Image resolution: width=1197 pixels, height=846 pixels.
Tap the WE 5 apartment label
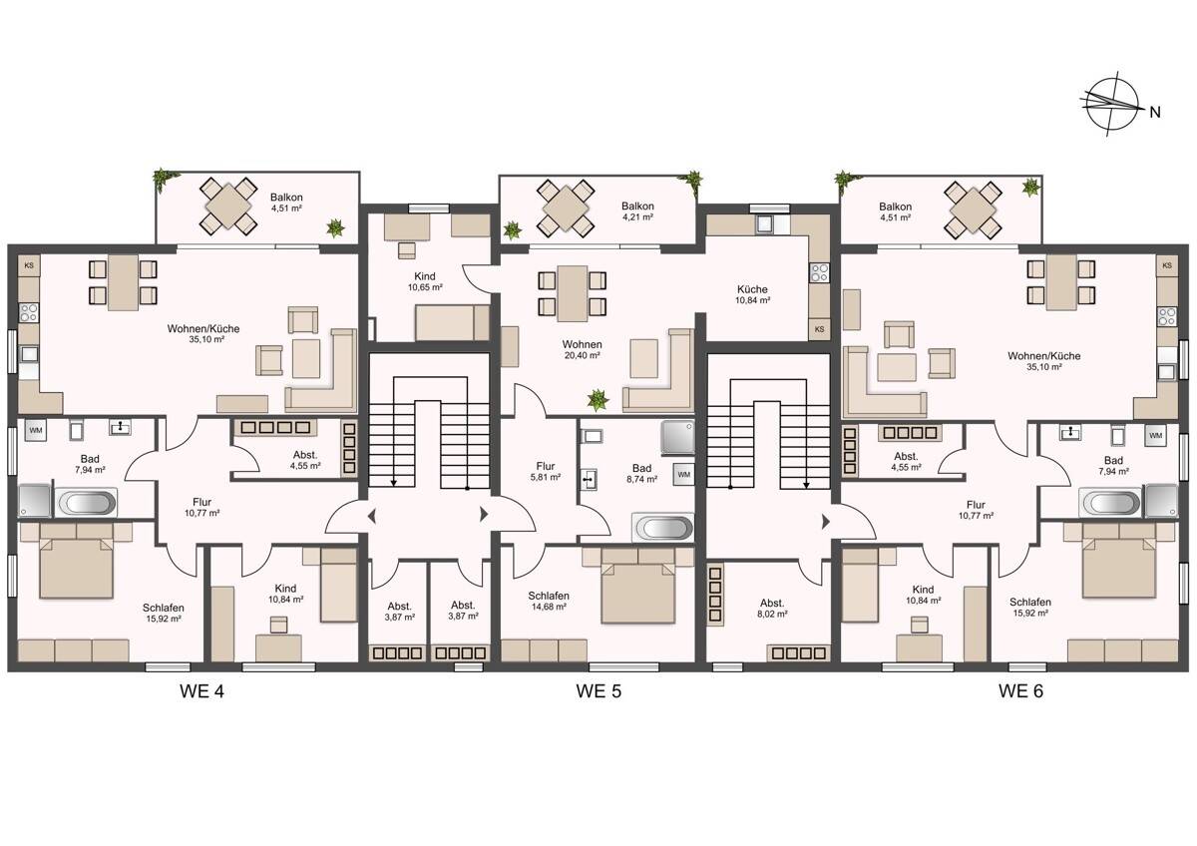click(x=598, y=691)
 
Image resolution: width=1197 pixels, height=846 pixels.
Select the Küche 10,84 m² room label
click(x=752, y=294)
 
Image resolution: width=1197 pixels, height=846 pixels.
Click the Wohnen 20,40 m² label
click(x=582, y=349)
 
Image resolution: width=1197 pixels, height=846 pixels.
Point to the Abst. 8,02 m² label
click(x=772, y=609)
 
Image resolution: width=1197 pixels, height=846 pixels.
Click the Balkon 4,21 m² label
click(x=637, y=211)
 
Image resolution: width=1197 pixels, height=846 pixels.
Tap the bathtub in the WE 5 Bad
click(x=663, y=528)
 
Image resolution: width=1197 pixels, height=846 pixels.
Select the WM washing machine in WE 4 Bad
click(x=35, y=430)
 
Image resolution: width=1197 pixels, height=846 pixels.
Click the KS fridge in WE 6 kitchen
click(x=1167, y=265)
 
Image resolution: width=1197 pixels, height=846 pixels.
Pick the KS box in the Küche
click(x=819, y=329)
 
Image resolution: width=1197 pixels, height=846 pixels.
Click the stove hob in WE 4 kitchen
click(x=29, y=312)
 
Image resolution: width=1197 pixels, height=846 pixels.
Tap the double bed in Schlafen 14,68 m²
click(x=637, y=586)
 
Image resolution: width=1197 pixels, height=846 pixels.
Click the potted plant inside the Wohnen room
click(x=598, y=400)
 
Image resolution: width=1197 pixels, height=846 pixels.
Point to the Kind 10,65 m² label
click(x=425, y=281)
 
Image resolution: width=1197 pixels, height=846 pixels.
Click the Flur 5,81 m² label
click(x=545, y=471)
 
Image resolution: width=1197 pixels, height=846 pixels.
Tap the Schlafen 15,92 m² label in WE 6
click(x=1030, y=608)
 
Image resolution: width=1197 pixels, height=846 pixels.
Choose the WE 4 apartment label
click(x=201, y=691)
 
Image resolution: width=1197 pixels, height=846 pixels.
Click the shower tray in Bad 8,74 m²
click(x=678, y=437)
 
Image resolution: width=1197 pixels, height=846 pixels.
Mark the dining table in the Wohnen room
click(x=572, y=293)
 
